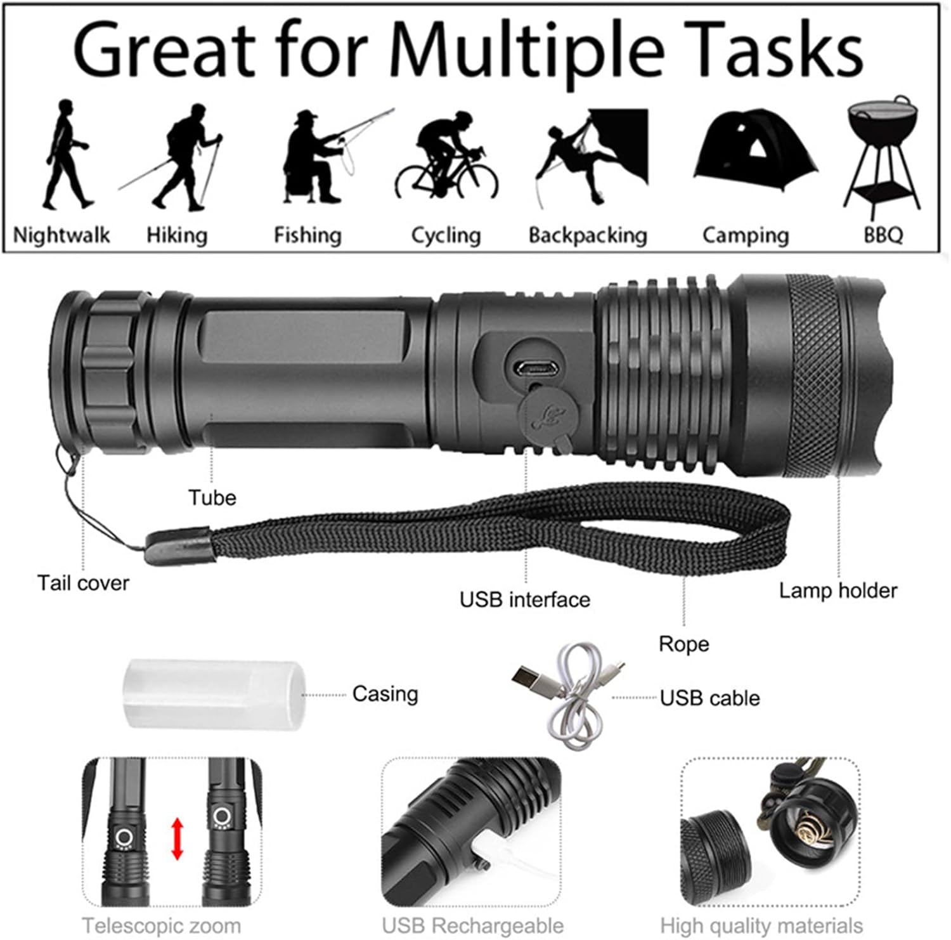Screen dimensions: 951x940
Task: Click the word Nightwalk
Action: (61, 235)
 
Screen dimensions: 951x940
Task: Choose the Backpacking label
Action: (588, 235)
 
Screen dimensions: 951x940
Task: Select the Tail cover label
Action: (83, 583)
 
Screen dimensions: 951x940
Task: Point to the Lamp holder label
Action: (838, 591)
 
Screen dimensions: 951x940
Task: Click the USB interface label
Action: (525, 599)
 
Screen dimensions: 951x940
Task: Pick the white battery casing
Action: (215, 694)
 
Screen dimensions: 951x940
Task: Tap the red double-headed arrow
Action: (178, 839)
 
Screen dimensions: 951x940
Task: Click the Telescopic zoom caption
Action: (162, 925)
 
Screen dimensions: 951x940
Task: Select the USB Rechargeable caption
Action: (473, 925)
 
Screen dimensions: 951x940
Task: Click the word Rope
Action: (683, 644)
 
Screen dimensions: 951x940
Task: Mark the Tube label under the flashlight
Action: (212, 498)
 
